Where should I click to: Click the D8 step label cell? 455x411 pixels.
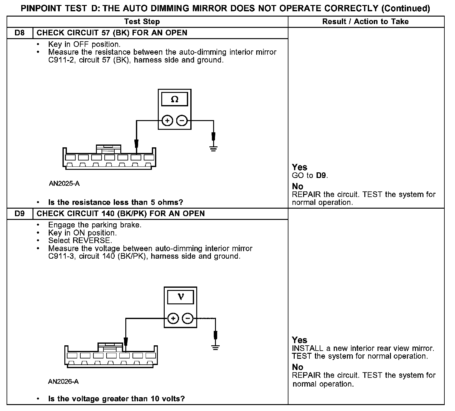click(x=20, y=33)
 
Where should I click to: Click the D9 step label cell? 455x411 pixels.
click(x=20, y=214)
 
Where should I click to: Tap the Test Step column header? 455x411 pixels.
click(x=142, y=22)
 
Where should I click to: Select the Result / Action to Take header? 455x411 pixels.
click(x=365, y=22)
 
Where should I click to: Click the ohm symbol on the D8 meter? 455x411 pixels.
click(x=175, y=99)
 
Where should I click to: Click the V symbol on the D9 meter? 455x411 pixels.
click(x=181, y=297)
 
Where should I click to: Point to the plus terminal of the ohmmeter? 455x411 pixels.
click(x=167, y=120)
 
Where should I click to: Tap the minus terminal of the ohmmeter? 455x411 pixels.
click(x=182, y=120)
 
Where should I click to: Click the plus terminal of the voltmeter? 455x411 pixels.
click(x=173, y=319)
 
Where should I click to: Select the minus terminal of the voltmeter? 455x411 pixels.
click(x=187, y=319)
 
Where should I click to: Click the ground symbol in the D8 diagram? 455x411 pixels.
click(x=213, y=148)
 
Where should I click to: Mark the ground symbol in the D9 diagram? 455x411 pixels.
click(x=215, y=347)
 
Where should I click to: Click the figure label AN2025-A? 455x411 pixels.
click(x=64, y=184)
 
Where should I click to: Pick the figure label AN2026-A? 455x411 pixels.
click(x=63, y=382)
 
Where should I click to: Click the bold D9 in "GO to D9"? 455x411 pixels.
click(x=321, y=175)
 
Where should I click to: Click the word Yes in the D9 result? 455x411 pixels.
click(x=299, y=340)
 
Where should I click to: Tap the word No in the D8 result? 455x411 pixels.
click(x=297, y=186)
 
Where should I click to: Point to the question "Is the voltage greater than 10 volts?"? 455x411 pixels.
click(x=116, y=399)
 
